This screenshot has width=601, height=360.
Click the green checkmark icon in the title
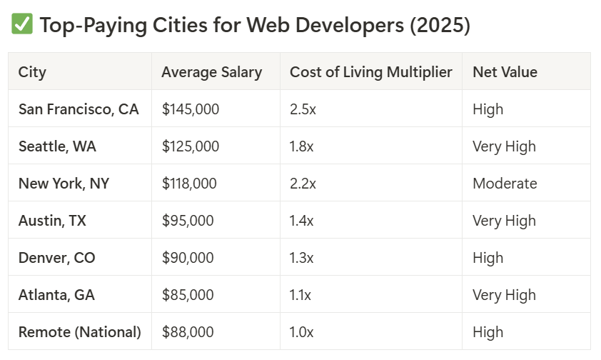coord(21,25)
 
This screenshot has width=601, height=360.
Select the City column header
coord(32,72)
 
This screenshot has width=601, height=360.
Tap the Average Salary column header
coord(211,72)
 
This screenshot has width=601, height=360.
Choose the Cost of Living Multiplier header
coord(370,72)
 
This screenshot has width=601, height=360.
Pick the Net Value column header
coord(505,72)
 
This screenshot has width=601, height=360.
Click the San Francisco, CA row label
coord(79,109)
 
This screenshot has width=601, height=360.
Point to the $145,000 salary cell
coord(191,109)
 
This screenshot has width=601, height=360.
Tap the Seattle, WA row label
coord(57,146)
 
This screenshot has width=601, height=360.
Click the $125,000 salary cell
coord(191,146)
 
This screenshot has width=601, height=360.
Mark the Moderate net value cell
coord(505,184)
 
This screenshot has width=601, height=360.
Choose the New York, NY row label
coord(64,184)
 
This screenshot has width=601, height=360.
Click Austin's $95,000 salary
coord(188,221)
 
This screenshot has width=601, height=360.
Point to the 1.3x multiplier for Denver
coord(302,258)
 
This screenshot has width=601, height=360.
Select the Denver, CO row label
coord(56,258)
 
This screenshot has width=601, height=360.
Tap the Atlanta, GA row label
coord(56,295)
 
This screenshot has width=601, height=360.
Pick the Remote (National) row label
coord(80,332)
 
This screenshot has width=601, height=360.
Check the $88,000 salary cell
coord(188,332)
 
